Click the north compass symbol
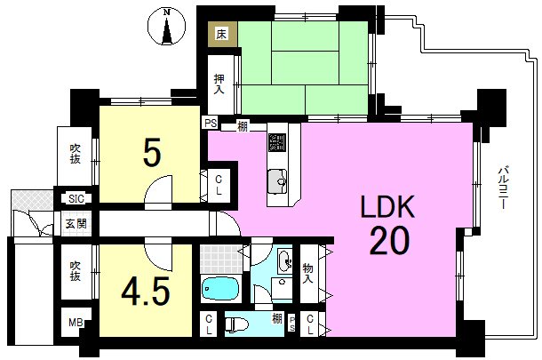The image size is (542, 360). point(167,27)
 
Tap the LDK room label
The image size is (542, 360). point(387,206)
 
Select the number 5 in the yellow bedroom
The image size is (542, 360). point(152,152)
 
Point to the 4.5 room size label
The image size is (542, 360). point(146,292)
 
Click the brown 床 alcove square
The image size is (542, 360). point(222,35)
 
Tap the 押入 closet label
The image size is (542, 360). point(219,84)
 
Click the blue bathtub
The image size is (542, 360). point(219,288)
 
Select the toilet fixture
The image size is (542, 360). point(237,324)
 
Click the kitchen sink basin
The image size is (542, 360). point(277,181)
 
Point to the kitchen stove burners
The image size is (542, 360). point(277,142)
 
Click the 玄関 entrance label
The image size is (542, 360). point(76,224)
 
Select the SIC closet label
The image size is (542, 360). point(76,199)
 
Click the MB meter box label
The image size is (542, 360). point(76,323)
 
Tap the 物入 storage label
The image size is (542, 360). point(307,273)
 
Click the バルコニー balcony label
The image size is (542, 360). point(502,188)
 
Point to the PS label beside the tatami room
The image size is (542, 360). point(211,123)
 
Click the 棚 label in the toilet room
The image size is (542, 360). point(276,318)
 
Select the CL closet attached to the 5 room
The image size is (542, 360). point(219,186)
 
